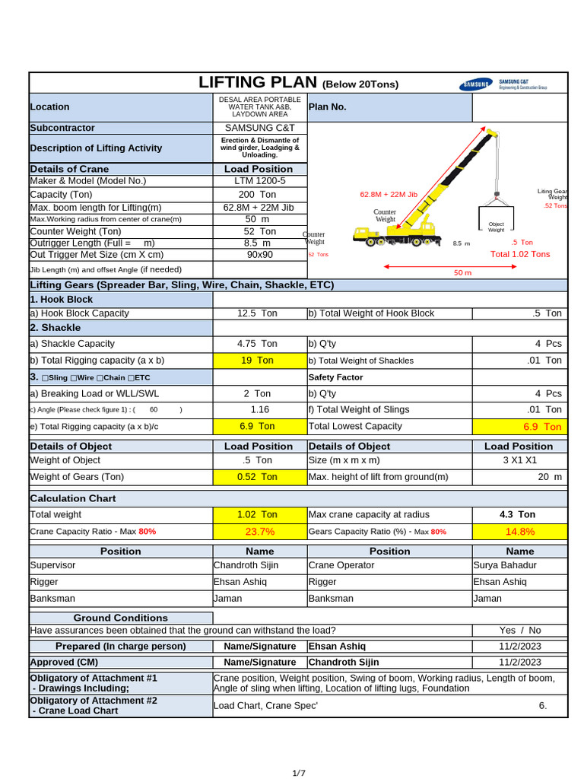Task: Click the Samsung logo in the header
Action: (x=475, y=84)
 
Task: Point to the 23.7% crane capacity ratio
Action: (x=259, y=532)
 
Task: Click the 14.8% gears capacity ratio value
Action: (x=519, y=532)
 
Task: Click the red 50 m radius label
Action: (x=462, y=272)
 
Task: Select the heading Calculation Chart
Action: (x=73, y=498)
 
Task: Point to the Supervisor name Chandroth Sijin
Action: (x=246, y=565)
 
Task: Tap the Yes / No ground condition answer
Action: (x=520, y=631)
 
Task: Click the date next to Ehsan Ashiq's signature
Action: (x=520, y=646)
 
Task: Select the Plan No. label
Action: (x=327, y=107)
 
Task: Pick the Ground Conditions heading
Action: (x=120, y=618)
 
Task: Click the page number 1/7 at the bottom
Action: (x=299, y=773)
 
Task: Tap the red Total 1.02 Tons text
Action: (x=520, y=254)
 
